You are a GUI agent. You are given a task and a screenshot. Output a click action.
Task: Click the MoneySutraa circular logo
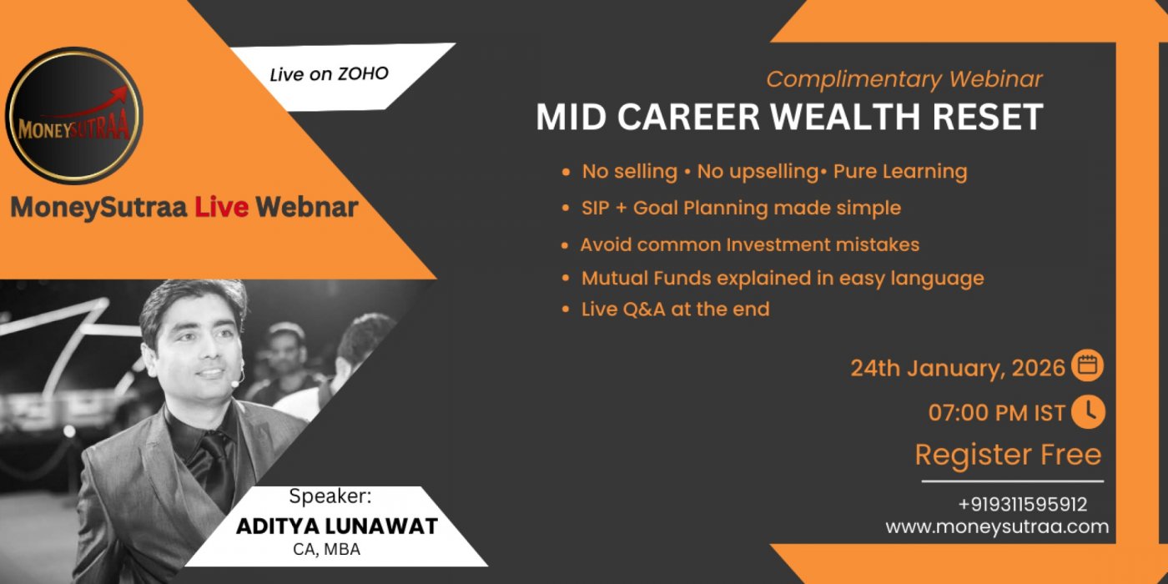73,116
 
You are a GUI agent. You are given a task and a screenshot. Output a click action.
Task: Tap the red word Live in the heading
222,207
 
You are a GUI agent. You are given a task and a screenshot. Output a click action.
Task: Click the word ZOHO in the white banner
363,73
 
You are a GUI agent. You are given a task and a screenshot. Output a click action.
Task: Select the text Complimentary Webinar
904,80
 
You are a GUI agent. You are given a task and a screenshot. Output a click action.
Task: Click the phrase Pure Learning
900,172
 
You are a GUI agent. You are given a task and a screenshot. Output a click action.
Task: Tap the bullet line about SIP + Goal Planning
741,208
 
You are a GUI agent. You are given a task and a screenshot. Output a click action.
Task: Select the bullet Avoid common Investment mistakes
750,244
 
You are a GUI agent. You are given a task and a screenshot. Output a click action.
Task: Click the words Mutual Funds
646,278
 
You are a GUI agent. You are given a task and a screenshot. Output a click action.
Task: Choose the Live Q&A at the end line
675,310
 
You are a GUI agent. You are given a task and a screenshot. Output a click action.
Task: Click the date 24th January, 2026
958,368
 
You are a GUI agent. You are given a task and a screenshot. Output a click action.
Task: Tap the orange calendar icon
1087,365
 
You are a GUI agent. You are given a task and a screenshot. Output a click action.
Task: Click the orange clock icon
1088,412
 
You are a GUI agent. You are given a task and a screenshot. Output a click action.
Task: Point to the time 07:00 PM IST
996,413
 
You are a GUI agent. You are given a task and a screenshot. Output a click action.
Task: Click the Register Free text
1009,455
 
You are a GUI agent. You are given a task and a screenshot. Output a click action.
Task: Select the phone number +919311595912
1023,504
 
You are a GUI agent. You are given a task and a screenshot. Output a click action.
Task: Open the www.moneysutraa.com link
997,526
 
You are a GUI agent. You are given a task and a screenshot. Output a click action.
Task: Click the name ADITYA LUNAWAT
337,526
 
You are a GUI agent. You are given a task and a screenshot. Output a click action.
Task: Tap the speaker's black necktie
219,469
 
